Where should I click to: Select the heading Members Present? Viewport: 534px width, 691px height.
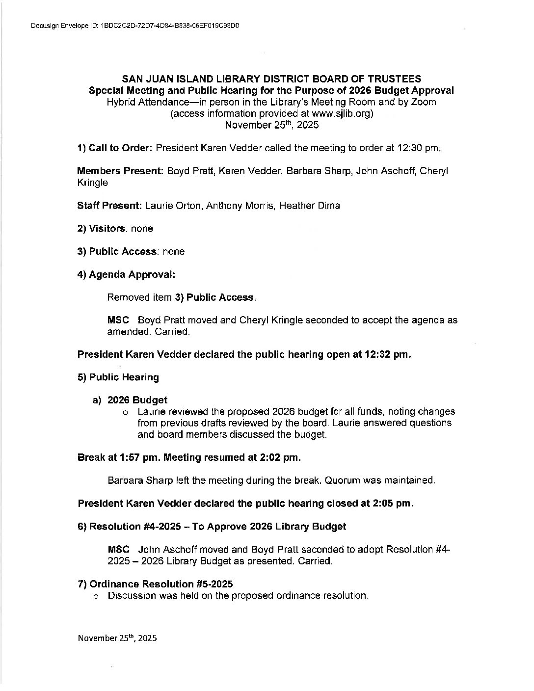click(120, 171)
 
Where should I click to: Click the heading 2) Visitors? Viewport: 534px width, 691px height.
click(101, 229)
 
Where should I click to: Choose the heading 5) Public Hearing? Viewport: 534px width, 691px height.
click(118, 377)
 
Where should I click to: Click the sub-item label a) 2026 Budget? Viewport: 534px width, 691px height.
click(131, 400)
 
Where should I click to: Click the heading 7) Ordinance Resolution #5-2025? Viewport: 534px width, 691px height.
click(155, 584)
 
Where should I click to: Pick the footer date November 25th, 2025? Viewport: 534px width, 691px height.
click(117, 638)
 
